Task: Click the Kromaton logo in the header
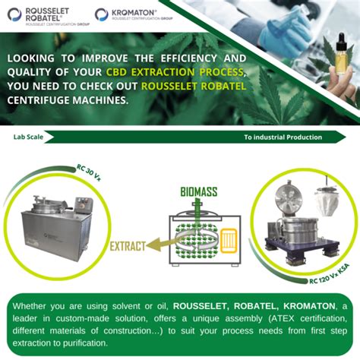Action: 131,14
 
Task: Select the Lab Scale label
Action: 27,137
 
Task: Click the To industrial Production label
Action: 283,137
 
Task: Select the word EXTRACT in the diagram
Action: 130,246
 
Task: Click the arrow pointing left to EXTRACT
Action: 164,244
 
